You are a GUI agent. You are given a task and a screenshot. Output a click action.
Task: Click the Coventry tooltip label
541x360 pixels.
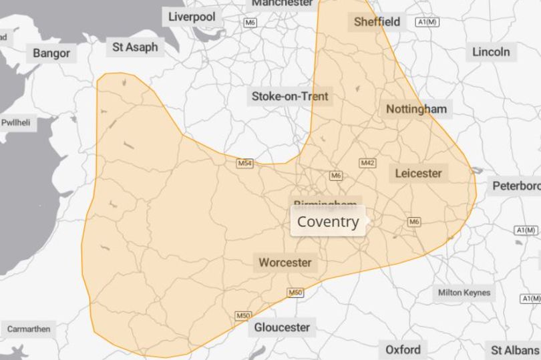coord(327,222)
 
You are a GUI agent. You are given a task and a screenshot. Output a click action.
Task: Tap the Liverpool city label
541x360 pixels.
coord(192,17)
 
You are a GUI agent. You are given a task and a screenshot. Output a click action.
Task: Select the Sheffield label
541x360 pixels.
coord(377,22)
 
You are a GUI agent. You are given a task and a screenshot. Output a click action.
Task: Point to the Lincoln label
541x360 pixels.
coord(491,51)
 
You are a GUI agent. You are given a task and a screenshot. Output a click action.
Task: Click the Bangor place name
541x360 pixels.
coord(51,53)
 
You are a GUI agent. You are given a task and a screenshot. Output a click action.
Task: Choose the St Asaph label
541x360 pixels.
coord(135,47)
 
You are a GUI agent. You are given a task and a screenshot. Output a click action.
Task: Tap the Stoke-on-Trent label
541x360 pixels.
coord(290,96)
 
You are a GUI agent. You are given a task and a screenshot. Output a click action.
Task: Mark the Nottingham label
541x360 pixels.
coord(416,109)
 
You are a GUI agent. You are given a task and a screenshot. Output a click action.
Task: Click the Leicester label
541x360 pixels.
coord(418,173)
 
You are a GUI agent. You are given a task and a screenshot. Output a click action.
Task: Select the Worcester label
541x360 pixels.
coord(285,262)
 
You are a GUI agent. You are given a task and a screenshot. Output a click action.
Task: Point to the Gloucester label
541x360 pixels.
coord(282,327)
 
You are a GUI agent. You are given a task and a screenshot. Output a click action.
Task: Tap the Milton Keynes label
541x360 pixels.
coord(464,293)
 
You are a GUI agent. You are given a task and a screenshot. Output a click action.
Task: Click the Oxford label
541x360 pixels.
coord(403,349)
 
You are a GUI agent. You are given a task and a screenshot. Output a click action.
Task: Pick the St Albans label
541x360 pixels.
coord(514,349)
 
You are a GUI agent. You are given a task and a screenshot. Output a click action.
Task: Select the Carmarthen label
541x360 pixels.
coord(28,329)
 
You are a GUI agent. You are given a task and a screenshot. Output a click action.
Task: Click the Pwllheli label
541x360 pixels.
coord(15,123)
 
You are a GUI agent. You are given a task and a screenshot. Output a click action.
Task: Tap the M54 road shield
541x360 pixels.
coord(245,163)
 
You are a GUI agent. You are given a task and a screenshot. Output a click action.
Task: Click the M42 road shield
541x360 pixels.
coord(367,163)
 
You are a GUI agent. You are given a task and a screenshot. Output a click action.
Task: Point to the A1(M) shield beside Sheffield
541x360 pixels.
coord(427,22)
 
